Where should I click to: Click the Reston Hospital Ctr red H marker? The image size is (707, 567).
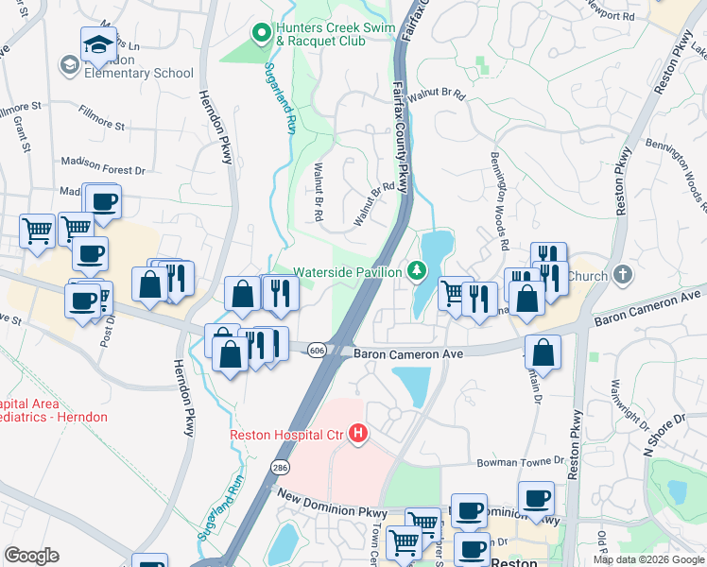pos(358,435)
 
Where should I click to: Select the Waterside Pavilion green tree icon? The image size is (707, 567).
pos(415,272)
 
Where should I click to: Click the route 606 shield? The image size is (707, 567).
pos(317,350)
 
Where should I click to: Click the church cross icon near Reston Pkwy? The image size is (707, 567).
pos(621,276)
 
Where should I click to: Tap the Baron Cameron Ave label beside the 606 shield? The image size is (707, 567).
pos(408,353)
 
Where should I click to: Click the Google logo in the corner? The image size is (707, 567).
pos(31,556)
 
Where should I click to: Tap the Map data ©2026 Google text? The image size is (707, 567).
pos(647,559)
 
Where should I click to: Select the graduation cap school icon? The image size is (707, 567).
pos(98,44)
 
